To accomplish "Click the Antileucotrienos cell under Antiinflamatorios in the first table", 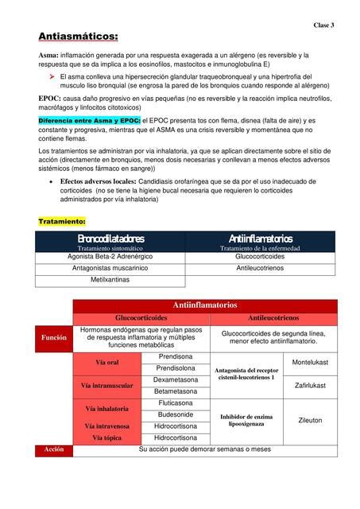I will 260,269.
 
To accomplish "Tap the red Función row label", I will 54,337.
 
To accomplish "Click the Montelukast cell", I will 310,362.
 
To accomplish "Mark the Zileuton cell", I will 310,420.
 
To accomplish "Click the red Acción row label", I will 54,449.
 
